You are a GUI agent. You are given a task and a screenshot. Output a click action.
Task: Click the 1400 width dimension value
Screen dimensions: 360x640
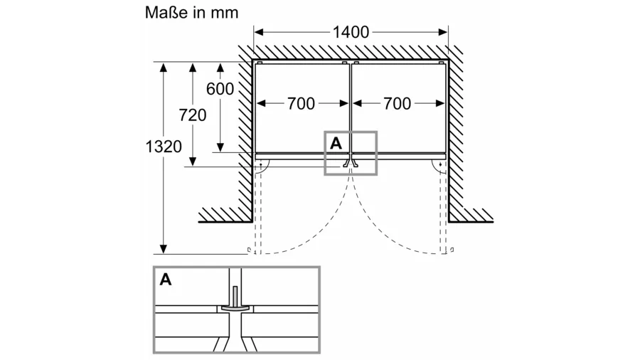pyautogui.click(x=351, y=32)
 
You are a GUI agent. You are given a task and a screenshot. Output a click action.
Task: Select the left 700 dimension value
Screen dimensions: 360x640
pyautogui.click(x=301, y=104)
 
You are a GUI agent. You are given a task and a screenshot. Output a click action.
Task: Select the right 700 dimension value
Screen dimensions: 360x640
pyautogui.click(x=397, y=104)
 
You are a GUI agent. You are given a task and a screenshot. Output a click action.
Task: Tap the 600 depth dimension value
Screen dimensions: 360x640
pyautogui.click(x=220, y=89)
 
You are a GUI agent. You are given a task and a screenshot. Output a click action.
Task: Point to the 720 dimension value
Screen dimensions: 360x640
pyautogui.click(x=192, y=115)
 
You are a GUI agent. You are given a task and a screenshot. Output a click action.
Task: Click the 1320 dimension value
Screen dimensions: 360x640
pyautogui.click(x=164, y=147)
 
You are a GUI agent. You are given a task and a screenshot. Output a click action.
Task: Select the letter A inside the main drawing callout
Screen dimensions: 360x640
pyautogui.click(x=336, y=143)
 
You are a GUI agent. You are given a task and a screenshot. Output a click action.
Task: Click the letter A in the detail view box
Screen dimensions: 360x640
pyautogui.click(x=166, y=279)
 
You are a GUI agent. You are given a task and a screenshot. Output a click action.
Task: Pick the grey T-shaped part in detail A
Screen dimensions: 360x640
pyautogui.click(x=234, y=304)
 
